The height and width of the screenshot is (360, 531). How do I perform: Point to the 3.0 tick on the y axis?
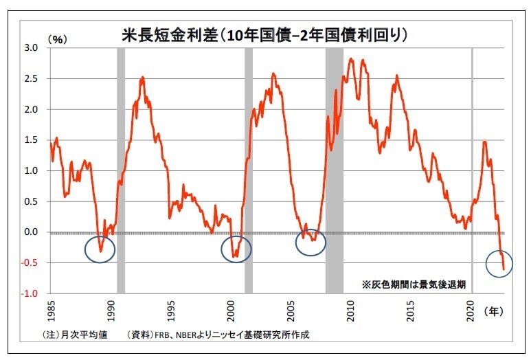31,48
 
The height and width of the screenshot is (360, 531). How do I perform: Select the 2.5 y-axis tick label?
31,79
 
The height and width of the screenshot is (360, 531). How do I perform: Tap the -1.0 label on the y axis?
30,294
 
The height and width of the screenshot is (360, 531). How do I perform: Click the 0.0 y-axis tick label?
31,232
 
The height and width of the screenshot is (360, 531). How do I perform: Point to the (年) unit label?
494,311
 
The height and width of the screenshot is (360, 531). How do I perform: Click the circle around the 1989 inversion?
100,249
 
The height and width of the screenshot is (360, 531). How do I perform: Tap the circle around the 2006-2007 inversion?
310,242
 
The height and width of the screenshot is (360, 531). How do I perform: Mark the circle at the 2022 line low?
499,263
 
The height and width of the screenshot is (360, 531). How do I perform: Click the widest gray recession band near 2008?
335,172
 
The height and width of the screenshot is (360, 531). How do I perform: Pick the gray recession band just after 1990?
121,172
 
